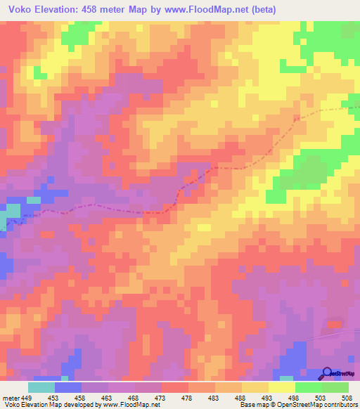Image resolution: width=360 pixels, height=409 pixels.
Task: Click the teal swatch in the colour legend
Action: [41, 387]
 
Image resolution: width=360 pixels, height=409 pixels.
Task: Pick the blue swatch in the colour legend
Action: [68, 387]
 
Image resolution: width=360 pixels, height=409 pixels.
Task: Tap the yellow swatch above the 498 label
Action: [282, 387]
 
